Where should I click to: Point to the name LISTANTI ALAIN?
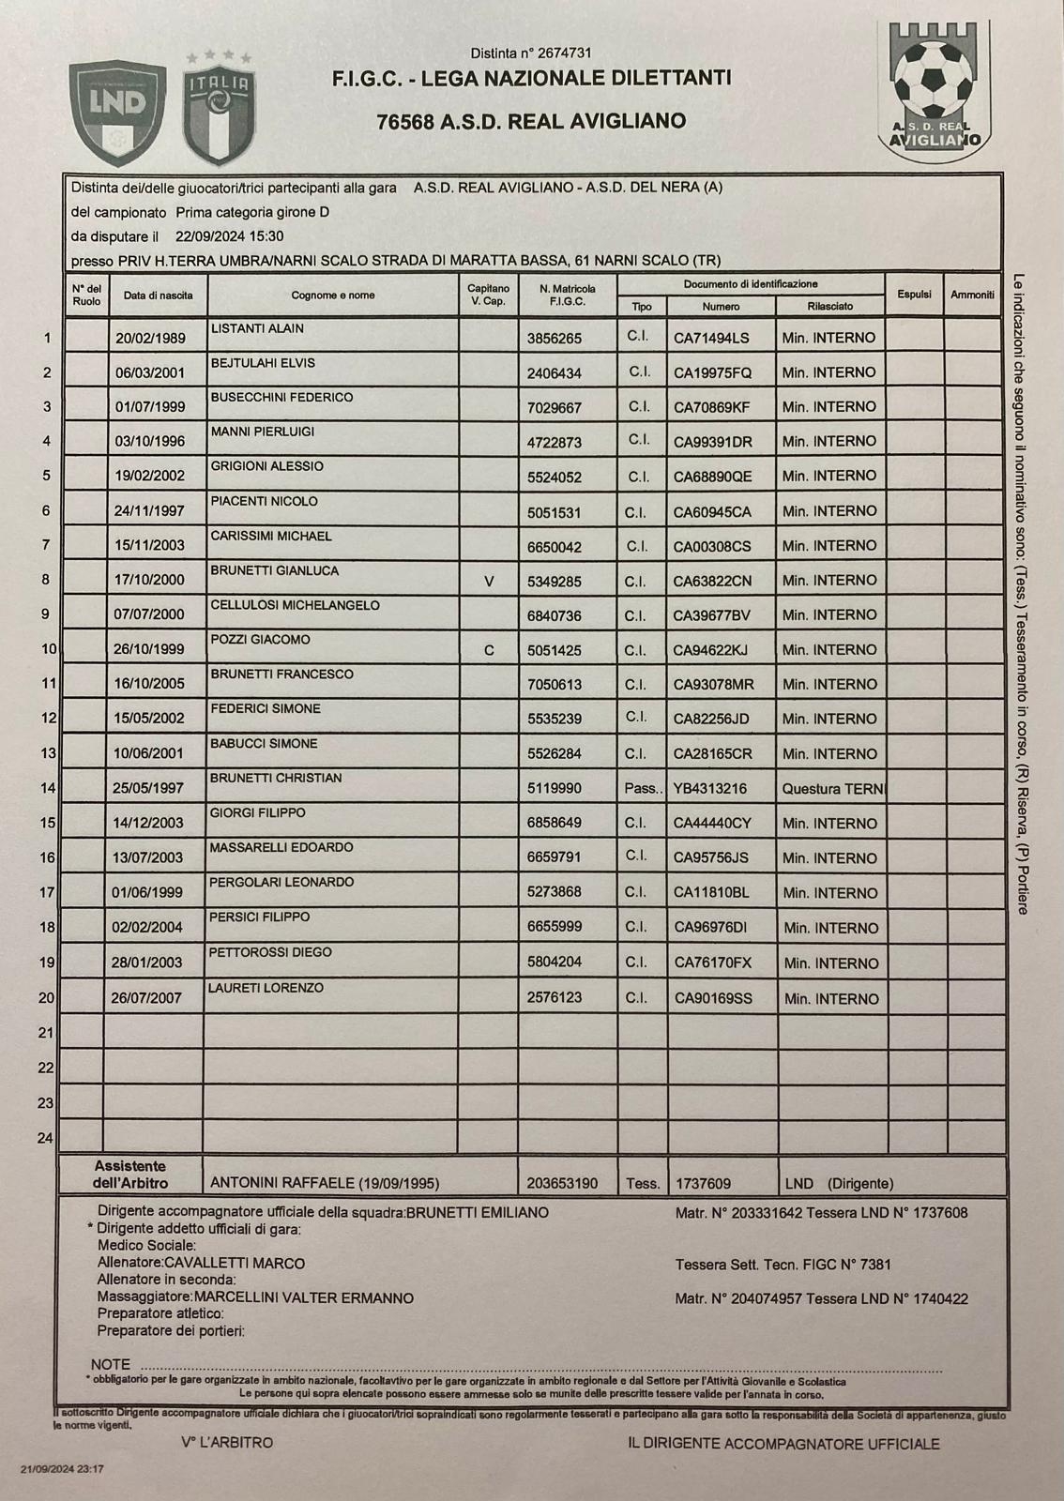click(257, 329)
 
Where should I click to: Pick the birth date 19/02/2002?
click(150, 476)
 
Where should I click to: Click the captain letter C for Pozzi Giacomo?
click(489, 649)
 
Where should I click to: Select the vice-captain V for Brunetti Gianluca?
click(489, 581)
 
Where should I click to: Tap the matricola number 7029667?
click(555, 407)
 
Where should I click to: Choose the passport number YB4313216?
click(710, 789)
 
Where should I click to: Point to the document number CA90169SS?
click(713, 998)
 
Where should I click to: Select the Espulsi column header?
click(914, 295)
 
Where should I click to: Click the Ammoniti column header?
click(972, 295)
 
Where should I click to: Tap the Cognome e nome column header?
click(332, 295)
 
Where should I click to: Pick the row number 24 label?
click(45, 1138)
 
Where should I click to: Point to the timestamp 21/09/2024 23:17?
click(63, 1469)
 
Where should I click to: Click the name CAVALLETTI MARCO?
click(235, 1263)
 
